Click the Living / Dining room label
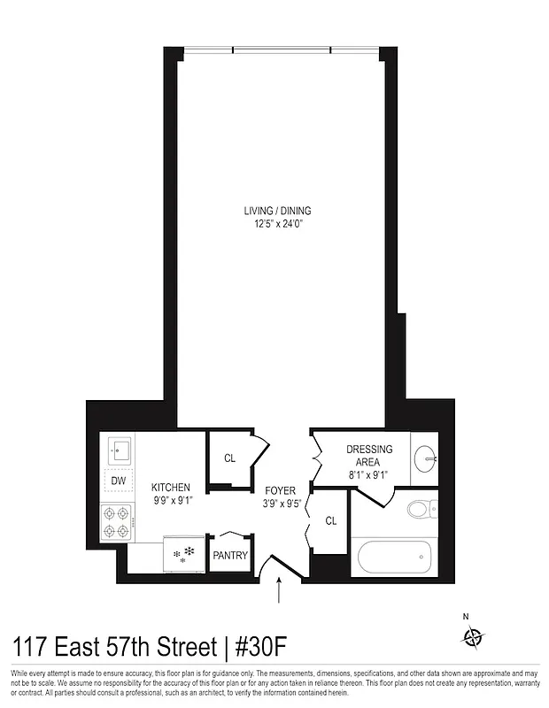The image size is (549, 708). [278, 211]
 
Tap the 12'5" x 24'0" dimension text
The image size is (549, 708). [278, 224]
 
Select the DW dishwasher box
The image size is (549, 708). [118, 481]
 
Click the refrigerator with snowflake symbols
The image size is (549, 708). [184, 553]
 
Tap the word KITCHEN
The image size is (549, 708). [171, 488]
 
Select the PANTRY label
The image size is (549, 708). [230, 556]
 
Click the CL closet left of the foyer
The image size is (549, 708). [229, 458]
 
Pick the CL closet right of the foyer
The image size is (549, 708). [330, 521]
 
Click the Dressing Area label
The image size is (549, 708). [369, 455]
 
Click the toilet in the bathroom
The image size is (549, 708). [421, 510]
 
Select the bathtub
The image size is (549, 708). [394, 558]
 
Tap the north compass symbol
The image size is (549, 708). [475, 636]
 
